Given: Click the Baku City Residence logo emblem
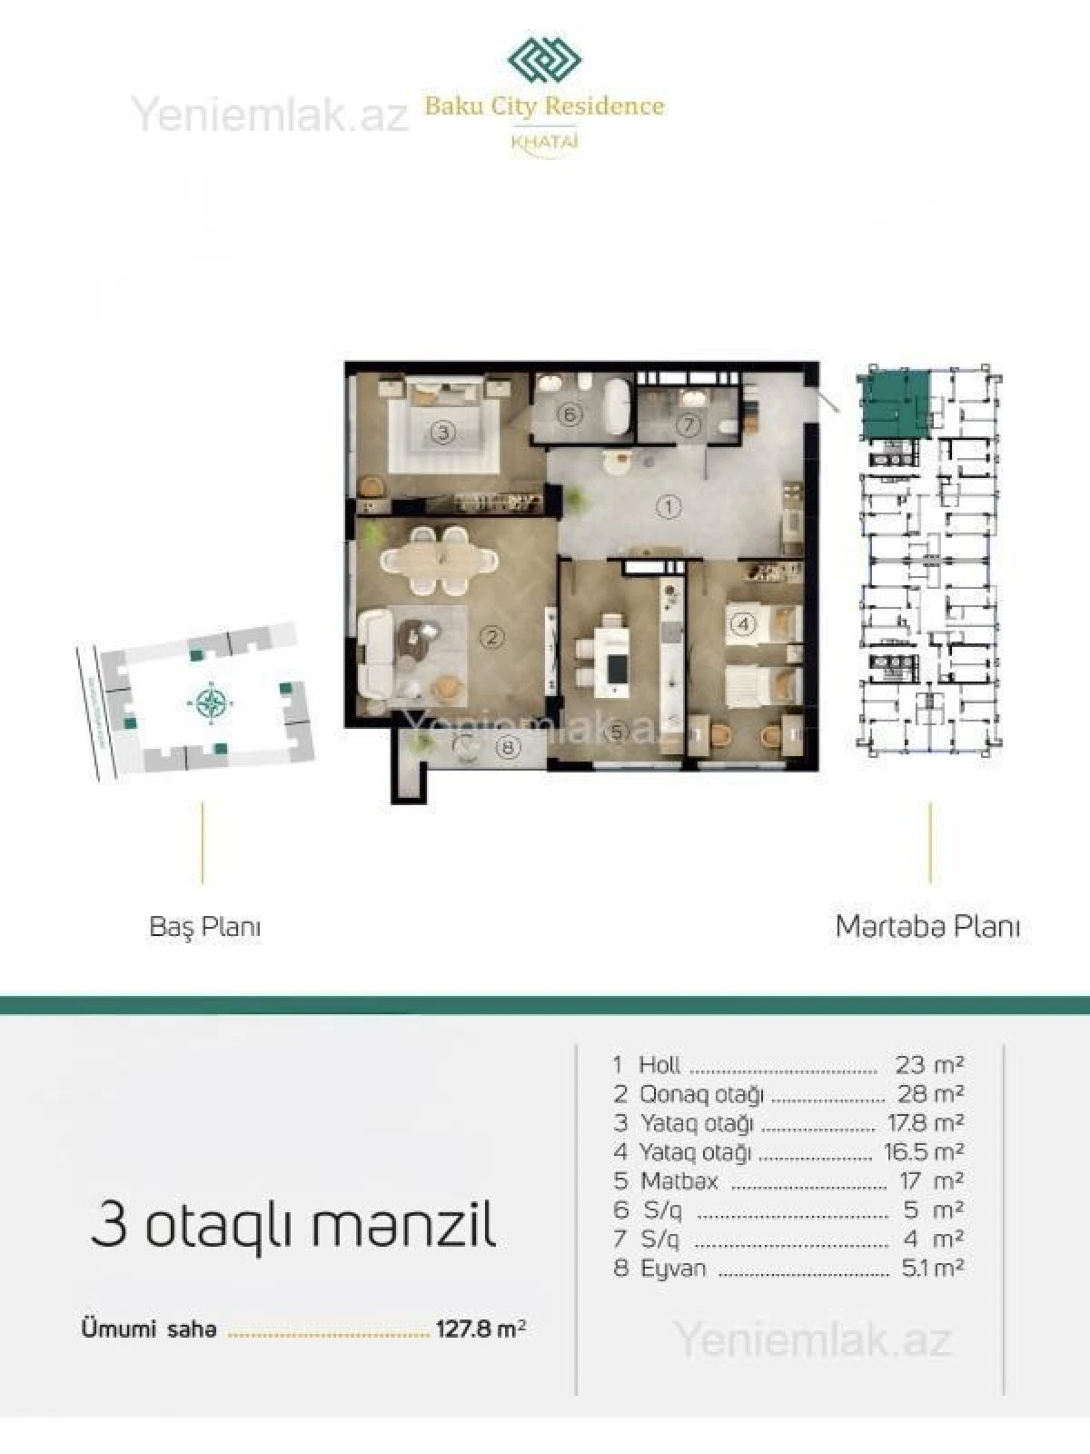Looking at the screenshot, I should (x=544, y=62).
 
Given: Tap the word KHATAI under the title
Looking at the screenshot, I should (x=545, y=142).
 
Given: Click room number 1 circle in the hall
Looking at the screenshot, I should (x=669, y=507).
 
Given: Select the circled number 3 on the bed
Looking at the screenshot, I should (x=442, y=432).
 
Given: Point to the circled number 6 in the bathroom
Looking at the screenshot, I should (x=570, y=415).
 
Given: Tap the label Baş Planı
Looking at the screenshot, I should (x=204, y=927).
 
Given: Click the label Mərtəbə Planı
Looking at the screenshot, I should (x=927, y=927).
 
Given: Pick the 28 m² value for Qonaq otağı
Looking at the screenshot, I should (x=930, y=1093).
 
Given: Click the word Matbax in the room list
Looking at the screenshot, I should (x=679, y=1180).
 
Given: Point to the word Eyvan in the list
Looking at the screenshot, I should (x=673, y=1268).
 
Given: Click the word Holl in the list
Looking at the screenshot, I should (x=659, y=1064).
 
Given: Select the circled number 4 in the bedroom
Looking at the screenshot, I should (x=743, y=624).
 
